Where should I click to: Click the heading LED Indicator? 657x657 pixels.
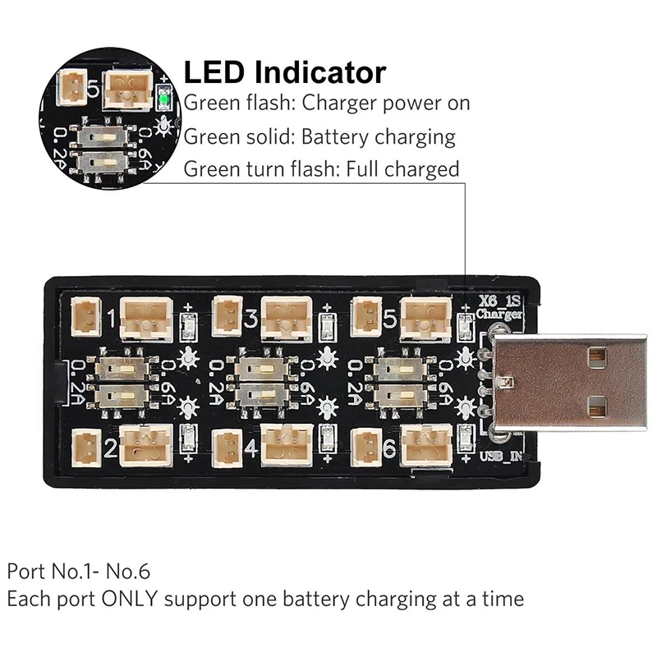click(x=284, y=72)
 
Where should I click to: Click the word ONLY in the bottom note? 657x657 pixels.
click(x=127, y=599)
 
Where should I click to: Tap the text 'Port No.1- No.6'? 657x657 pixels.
click(x=79, y=570)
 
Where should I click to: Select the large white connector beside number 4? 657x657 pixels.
click(x=286, y=444)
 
